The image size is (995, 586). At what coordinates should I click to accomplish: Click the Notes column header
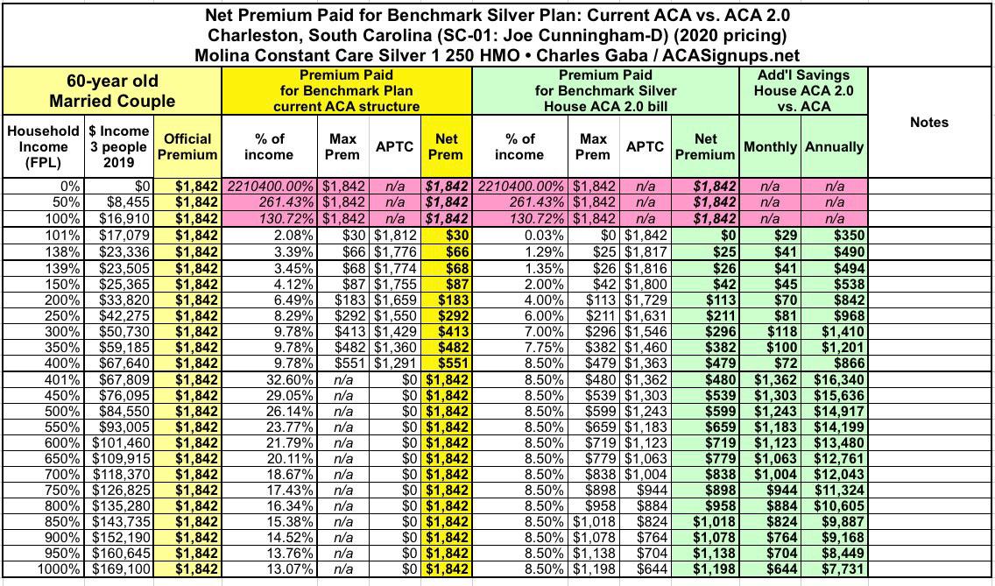[928, 123]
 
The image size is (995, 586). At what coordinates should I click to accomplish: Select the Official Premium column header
[188, 146]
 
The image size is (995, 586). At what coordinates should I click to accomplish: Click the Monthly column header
[771, 147]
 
